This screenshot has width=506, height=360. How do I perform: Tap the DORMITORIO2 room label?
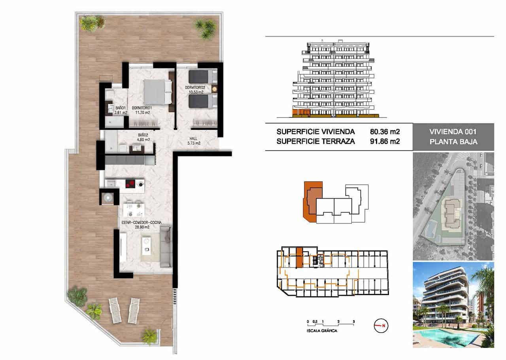pos(196,87)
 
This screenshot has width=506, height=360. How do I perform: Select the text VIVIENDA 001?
pos(453,132)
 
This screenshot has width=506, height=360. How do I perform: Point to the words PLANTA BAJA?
pos(453,142)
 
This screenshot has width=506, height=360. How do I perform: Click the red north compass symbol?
pos(380,326)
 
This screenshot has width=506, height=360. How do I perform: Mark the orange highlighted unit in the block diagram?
pos(312,202)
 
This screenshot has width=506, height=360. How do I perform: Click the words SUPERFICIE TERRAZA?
pos(315,142)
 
